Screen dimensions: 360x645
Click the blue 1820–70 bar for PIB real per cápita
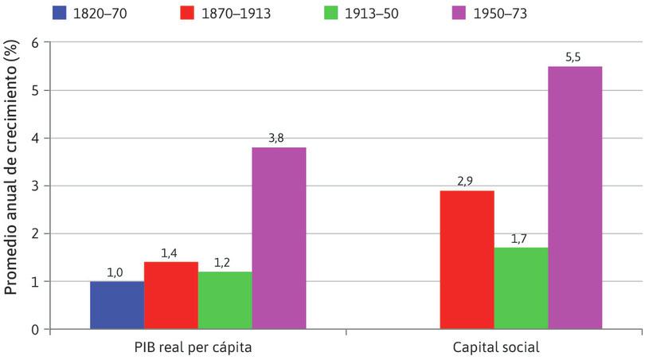pyautogui.click(x=117, y=304)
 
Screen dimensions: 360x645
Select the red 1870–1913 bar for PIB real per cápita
pyautogui.click(x=171, y=295)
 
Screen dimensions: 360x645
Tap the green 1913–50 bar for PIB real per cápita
pyautogui.click(x=225, y=299)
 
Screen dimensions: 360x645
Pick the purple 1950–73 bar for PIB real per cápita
pyautogui.click(x=279, y=237)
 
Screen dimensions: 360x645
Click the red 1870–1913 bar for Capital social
pyautogui.click(x=467, y=259)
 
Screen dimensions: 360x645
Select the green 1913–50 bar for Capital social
pyautogui.click(x=521, y=288)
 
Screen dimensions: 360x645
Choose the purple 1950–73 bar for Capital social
pyautogui.click(x=575, y=197)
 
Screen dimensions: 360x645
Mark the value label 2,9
pyautogui.click(x=467, y=181)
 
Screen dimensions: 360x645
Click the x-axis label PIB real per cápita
pyautogui.click(x=197, y=347)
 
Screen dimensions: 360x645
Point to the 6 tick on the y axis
pyautogui.click(x=34, y=43)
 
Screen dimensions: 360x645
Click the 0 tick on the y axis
pyautogui.click(x=34, y=329)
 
